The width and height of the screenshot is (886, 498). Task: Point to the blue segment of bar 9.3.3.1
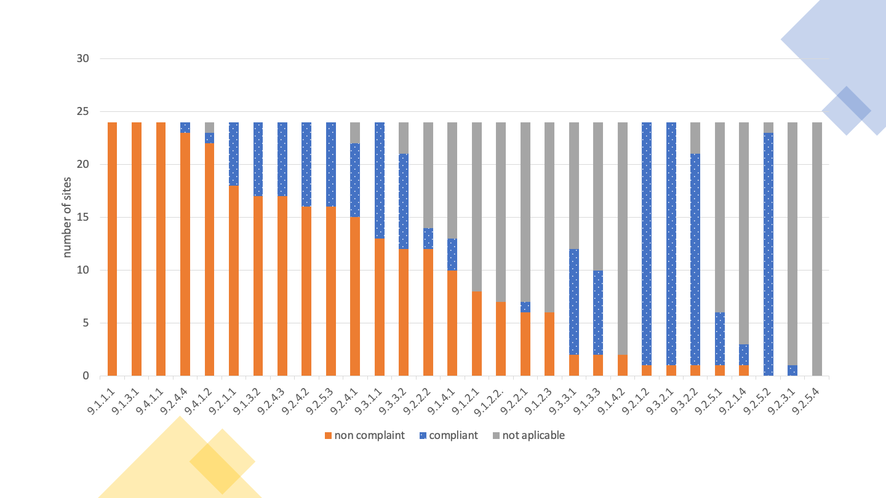tap(574, 302)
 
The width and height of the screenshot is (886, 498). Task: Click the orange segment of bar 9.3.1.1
tap(380, 307)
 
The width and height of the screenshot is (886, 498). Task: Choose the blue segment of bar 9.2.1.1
tap(234, 154)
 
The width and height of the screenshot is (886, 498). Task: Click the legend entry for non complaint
tap(364, 435)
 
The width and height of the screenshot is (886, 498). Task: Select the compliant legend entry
tap(448, 435)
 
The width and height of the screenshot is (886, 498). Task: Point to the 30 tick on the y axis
tap(83, 59)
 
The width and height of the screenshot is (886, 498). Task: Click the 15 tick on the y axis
tap(83, 217)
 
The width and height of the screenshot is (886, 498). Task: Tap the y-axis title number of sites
tap(67, 217)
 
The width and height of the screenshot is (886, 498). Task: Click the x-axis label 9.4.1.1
tap(150, 400)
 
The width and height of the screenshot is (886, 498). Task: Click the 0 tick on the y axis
tap(86, 376)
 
